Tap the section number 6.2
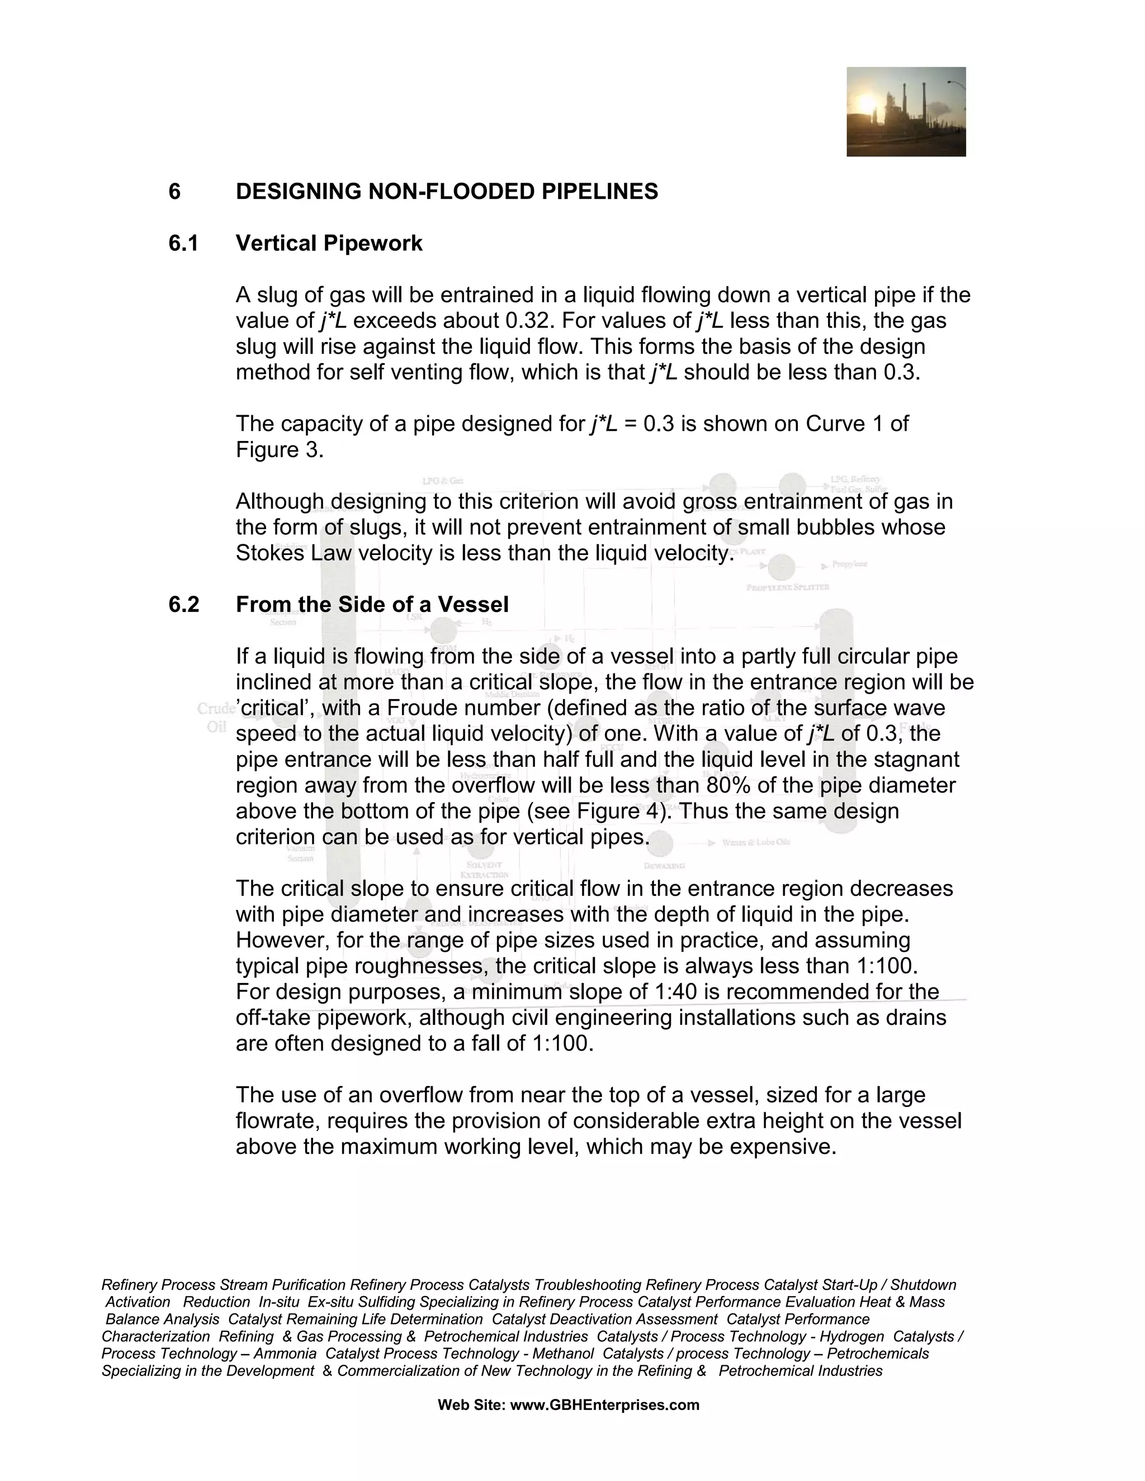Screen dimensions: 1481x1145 pos(184,604)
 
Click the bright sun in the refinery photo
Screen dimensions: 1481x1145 pos(867,103)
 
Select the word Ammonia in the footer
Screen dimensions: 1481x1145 pos(283,1354)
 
